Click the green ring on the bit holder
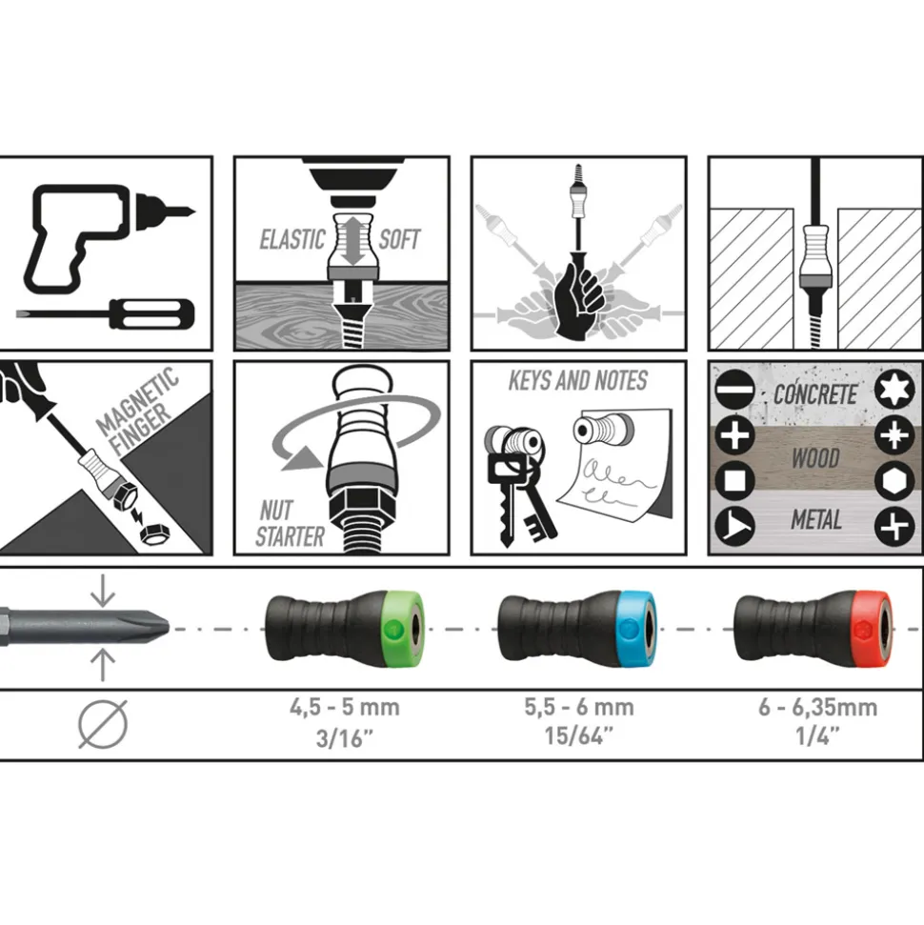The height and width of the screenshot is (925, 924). coord(403,628)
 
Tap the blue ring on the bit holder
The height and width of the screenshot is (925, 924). coord(636,629)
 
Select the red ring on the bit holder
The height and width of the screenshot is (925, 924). coord(871,629)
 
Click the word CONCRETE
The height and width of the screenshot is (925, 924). coord(814,394)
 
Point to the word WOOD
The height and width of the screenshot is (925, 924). coord(815,458)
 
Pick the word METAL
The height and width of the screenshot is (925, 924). coord(816,520)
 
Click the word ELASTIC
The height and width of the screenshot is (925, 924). coord(292,239)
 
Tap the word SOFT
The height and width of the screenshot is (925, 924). coord(399,239)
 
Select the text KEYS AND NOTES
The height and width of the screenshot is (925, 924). coord(578,380)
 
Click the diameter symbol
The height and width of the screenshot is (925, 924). coord(103,724)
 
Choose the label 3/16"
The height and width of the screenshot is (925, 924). coord(345,738)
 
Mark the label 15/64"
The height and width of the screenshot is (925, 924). coord(579,735)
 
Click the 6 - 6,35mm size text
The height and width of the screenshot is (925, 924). coord(818,707)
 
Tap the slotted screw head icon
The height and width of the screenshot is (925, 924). coord(734,390)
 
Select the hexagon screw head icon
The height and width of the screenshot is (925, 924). coord(894,481)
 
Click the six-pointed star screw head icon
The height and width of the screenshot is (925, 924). coord(894,390)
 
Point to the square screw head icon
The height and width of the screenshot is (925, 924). coord(734,481)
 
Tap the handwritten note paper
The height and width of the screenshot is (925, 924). coord(613,466)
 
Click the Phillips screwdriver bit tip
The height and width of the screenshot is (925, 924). coord(154,627)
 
